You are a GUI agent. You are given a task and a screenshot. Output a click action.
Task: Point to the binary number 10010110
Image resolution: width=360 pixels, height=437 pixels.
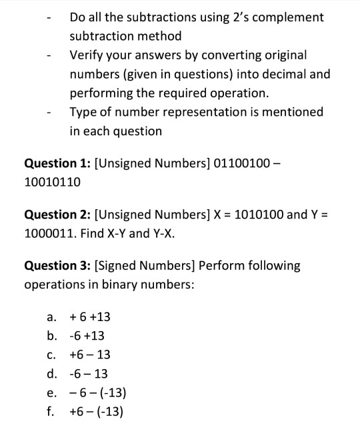point(52,181)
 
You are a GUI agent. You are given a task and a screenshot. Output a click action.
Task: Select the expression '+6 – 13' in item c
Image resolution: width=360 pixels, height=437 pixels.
point(87,355)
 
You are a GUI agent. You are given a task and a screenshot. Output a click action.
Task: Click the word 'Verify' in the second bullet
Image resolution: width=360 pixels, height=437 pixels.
point(87,55)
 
